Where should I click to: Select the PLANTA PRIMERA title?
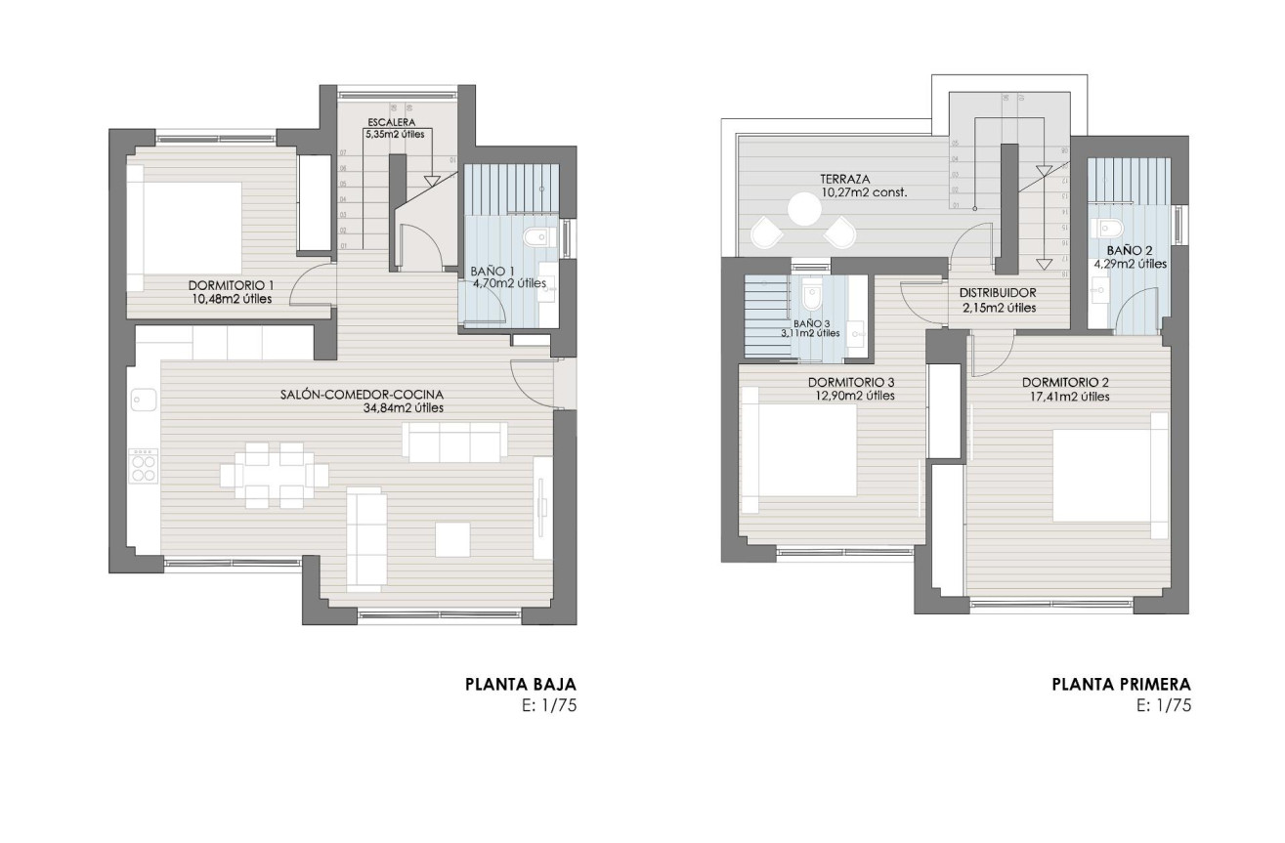[x=1122, y=685]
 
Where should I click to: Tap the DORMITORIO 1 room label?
[x=231, y=285]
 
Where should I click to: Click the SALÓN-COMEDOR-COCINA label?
[x=363, y=395]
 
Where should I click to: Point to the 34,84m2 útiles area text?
[x=403, y=408]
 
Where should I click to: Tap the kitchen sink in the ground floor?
[x=144, y=400]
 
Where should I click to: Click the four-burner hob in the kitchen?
[x=144, y=465]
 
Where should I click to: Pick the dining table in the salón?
[x=274, y=475]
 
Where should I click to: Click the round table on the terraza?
[x=805, y=208]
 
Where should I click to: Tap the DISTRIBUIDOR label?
[x=997, y=293]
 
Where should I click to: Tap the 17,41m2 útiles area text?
[x=1065, y=397]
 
